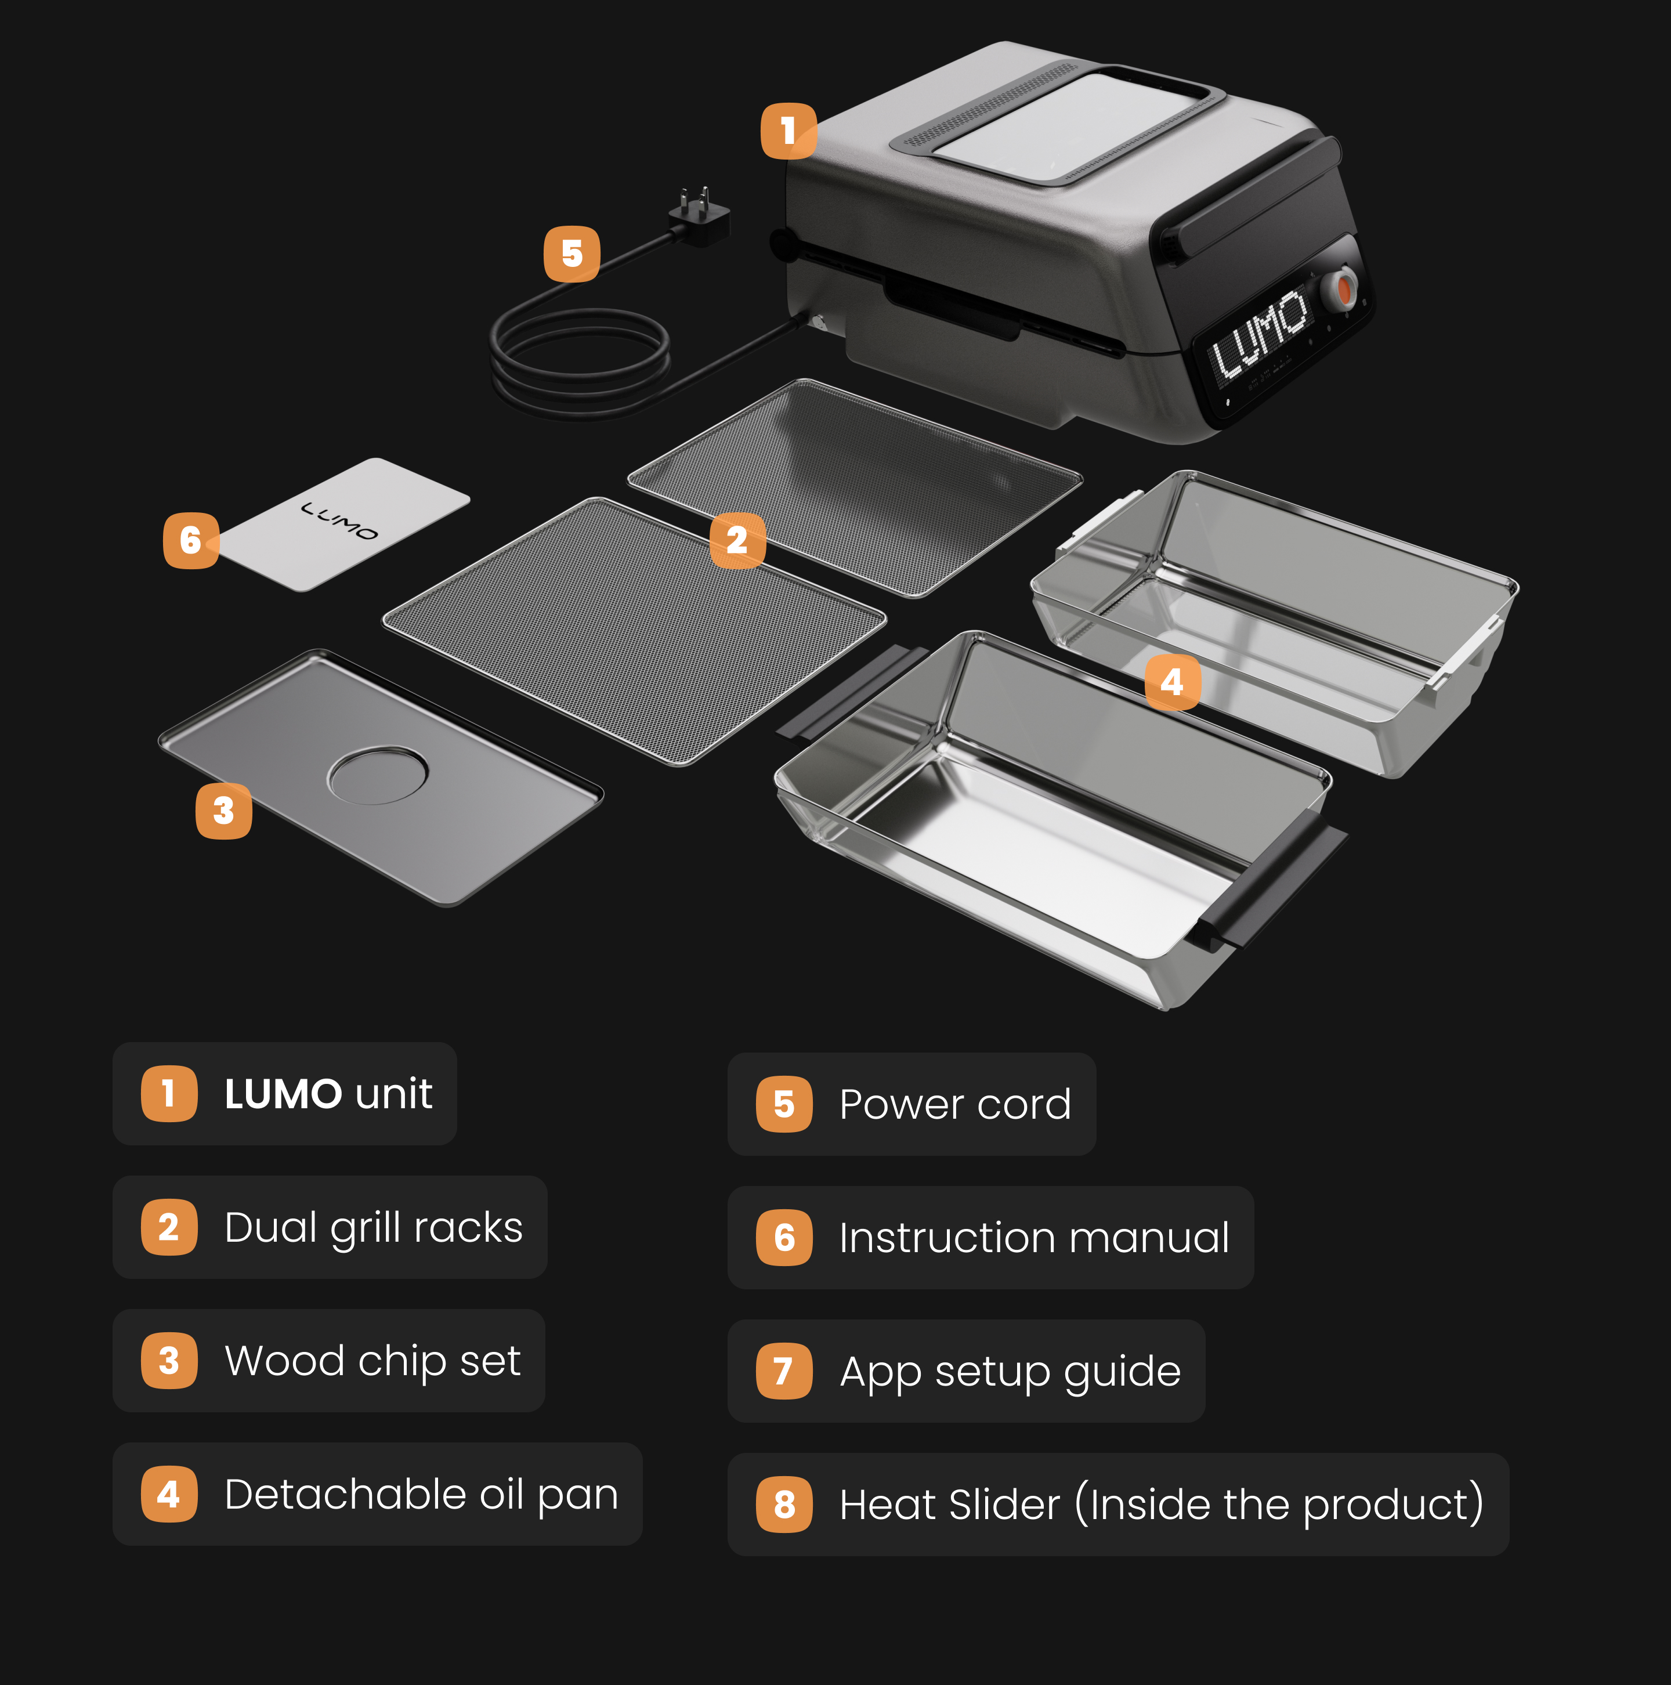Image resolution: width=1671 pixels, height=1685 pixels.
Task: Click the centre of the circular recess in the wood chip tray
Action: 378,773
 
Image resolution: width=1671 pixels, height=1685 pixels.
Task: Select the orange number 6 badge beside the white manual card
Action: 191,541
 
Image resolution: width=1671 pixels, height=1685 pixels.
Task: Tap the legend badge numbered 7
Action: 784,1371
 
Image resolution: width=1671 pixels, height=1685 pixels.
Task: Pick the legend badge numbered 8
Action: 784,1505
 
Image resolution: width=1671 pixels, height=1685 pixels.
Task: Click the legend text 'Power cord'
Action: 955,1104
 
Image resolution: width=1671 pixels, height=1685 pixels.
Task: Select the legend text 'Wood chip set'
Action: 372,1361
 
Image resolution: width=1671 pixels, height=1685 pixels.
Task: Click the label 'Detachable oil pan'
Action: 421,1494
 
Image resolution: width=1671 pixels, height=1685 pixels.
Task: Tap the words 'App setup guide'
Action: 1010,1372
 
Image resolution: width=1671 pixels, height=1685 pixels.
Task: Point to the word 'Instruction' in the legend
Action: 947,1238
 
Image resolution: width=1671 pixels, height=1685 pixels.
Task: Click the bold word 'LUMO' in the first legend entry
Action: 284,1094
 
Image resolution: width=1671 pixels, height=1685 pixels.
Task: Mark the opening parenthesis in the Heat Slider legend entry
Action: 1082,1505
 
